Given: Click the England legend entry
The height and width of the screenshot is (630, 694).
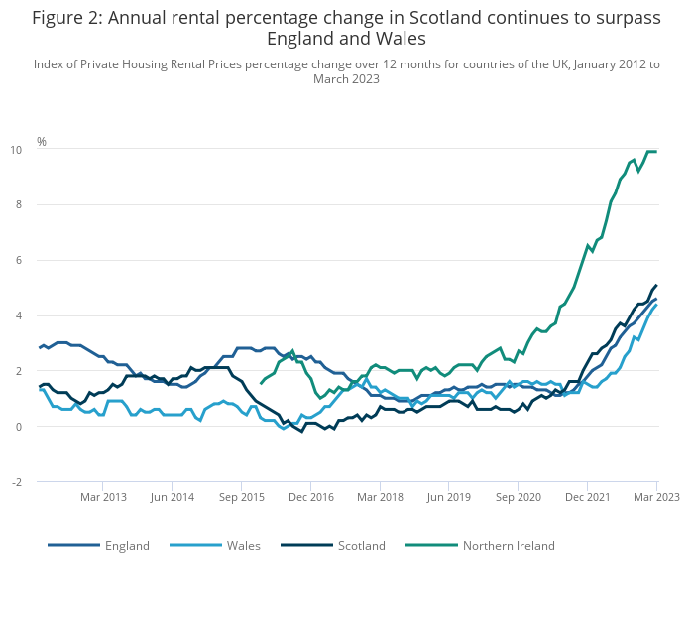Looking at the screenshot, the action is (x=99, y=545).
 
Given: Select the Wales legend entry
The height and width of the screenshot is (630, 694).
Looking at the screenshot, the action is (x=215, y=545).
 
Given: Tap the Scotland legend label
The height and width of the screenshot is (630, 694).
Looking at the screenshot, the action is (x=362, y=545).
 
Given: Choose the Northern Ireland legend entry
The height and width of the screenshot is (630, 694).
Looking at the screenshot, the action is (x=480, y=545).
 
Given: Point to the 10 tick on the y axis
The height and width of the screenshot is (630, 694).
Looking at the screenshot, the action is (x=16, y=150).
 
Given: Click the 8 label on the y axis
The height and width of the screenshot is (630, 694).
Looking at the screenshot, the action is (x=19, y=204).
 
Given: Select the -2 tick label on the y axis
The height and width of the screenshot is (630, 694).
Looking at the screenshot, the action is (x=17, y=482).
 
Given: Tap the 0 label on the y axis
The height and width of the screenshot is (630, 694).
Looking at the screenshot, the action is (x=19, y=427).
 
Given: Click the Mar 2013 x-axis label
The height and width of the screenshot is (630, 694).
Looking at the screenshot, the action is (x=103, y=497).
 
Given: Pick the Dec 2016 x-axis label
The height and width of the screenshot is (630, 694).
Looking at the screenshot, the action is (x=311, y=497).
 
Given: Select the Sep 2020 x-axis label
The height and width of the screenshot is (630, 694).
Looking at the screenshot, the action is (x=519, y=497).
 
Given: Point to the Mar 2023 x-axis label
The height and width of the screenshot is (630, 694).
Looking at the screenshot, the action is (x=656, y=497).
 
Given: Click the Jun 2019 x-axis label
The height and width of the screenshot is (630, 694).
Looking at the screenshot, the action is (x=449, y=497).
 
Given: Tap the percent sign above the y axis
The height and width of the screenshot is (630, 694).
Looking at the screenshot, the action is (x=42, y=141).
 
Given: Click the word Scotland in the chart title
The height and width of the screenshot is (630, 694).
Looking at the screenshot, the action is (x=445, y=18).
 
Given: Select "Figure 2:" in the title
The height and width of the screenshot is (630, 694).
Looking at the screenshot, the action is (x=67, y=18).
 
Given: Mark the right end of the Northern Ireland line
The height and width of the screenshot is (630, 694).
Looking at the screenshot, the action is (x=656, y=152).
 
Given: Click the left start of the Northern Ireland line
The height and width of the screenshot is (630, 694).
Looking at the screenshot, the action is (x=261, y=383).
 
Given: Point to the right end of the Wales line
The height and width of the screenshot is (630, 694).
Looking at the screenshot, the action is (x=656, y=305).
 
